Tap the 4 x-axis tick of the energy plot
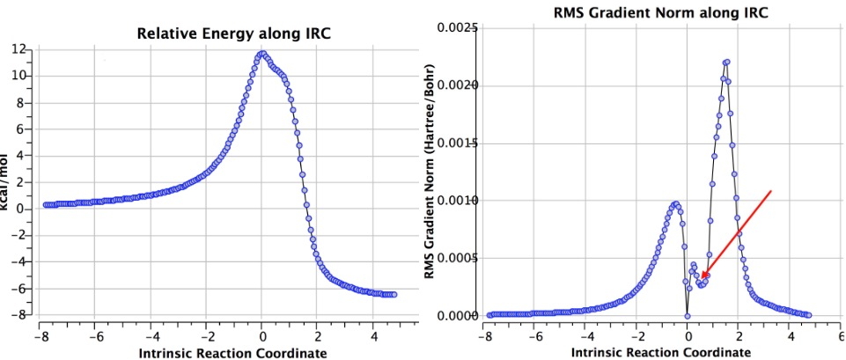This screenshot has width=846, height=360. click(x=373, y=335)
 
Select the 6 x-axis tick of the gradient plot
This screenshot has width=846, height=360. click(x=840, y=335)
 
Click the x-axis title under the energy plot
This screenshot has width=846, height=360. click(x=218, y=353)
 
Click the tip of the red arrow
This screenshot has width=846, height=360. click(x=702, y=280)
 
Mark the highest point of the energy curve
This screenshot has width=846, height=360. click(x=261, y=54)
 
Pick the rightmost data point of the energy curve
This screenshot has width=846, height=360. click(x=394, y=294)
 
